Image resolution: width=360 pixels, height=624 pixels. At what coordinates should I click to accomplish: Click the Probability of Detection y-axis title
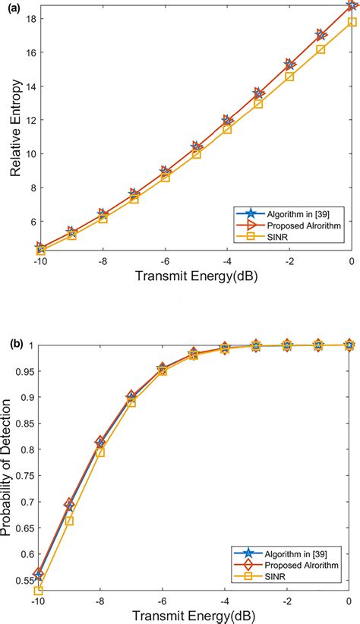coord(10,471)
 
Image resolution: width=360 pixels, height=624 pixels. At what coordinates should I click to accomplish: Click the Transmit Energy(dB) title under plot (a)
coord(195,277)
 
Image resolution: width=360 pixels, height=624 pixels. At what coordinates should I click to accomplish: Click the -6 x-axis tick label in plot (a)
coord(163,261)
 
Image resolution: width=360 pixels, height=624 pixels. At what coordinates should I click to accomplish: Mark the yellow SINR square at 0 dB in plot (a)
coord(351,22)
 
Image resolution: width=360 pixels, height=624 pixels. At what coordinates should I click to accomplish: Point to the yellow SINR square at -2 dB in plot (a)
coord(289,77)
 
